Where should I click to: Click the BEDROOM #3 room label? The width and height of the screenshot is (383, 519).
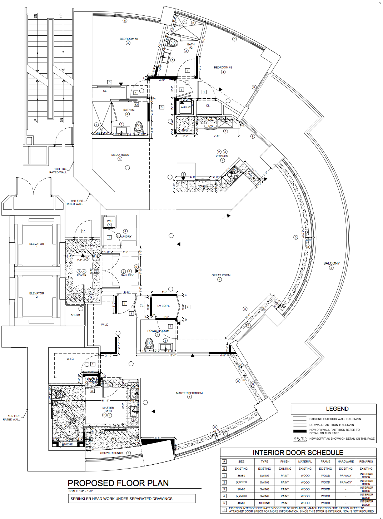tap(129, 39)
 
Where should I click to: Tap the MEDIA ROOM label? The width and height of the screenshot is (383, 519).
tap(120, 155)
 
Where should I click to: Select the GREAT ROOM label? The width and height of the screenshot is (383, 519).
tap(221, 275)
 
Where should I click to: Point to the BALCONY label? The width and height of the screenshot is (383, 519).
tap(331, 263)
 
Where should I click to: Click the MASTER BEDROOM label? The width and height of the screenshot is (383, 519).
tap(189, 393)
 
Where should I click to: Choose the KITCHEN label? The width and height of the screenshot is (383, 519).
tap(222, 156)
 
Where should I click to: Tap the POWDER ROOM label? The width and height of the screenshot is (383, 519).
tap(158, 331)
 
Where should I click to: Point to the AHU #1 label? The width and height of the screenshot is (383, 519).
tap(75, 315)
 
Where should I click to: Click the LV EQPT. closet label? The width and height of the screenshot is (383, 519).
tap(164, 306)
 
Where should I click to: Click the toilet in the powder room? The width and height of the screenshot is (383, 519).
tap(149, 345)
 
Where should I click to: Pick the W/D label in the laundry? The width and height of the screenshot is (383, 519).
tap(110, 221)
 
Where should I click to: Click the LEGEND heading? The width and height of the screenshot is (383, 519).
tap(337, 409)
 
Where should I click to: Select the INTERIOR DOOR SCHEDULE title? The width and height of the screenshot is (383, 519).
tap(298, 453)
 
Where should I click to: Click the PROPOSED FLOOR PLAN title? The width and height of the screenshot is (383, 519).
tap(118, 483)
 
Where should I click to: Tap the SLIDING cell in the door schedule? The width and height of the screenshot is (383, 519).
tap(264, 503)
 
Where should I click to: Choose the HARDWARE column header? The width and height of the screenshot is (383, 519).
tap(345, 461)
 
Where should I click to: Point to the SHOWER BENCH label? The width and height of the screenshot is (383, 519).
tap(111, 453)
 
